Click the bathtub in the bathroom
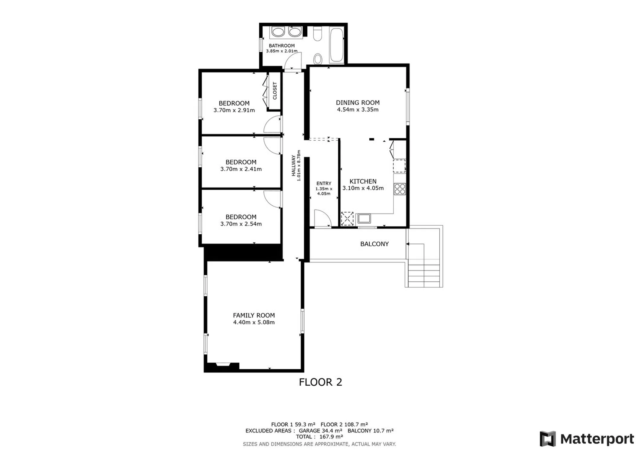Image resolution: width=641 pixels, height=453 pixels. (336, 45)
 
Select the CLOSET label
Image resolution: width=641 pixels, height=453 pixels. (275, 91)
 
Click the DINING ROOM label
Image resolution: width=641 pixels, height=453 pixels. (358, 103)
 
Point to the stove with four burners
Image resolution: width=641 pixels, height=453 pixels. (400, 189)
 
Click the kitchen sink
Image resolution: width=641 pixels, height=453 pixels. (364, 218)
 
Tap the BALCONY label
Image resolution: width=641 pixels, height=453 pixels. (374, 244)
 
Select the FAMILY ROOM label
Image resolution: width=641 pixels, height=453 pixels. (254, 315)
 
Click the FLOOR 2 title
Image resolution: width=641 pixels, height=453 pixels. (320, 382)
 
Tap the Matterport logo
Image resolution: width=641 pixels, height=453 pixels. (587, 439)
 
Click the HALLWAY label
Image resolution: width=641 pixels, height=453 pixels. (293, 165)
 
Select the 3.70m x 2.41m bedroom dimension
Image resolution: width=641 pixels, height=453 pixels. (241, 169)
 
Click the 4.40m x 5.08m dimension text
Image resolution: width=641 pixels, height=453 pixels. (254, 322)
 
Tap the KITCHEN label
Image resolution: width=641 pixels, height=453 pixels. (363, 182)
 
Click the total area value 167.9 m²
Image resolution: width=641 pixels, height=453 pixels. (331, 437)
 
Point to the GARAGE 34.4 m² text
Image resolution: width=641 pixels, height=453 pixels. (321, 431)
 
